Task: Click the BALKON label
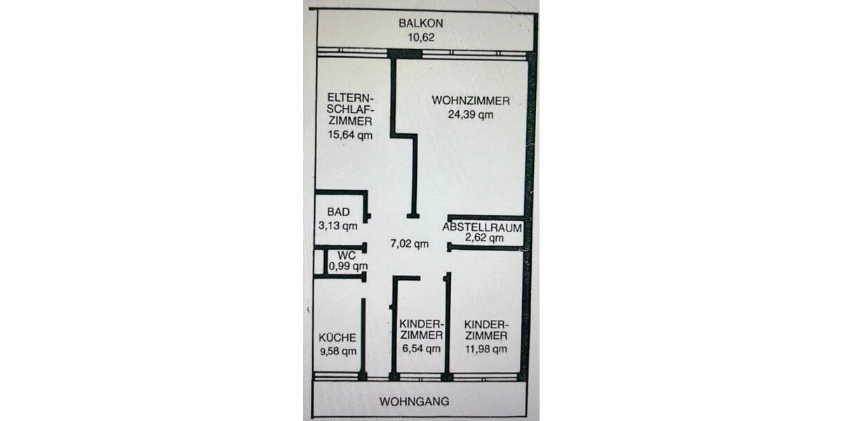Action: coord(421,23)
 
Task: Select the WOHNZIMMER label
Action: coord(470,100)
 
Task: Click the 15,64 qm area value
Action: coord(349,135)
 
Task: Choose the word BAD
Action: coord(338,212)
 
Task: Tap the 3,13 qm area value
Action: coord(338,225)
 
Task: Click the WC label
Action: coord(347,255)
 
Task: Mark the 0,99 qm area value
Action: coord(349,266)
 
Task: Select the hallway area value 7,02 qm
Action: coord(409,244)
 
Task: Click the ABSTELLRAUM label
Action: coord(482,227)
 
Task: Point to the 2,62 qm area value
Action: coord(484,238)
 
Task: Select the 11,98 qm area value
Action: coord(486,349)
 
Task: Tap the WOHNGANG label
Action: coord(414,402)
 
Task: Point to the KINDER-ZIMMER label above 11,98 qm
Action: coord(486,329)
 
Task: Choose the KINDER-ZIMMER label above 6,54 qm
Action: coord(421,329)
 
